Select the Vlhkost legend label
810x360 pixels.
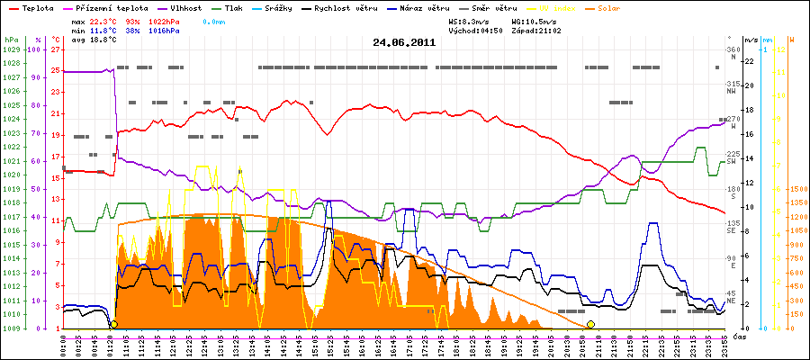[185, 7]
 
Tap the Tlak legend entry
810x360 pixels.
[246, 7]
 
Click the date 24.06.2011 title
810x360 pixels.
[405, 41]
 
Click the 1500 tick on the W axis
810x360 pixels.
[797, 189]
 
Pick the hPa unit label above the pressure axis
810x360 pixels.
[10, 40]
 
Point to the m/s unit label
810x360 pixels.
[751, 40]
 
